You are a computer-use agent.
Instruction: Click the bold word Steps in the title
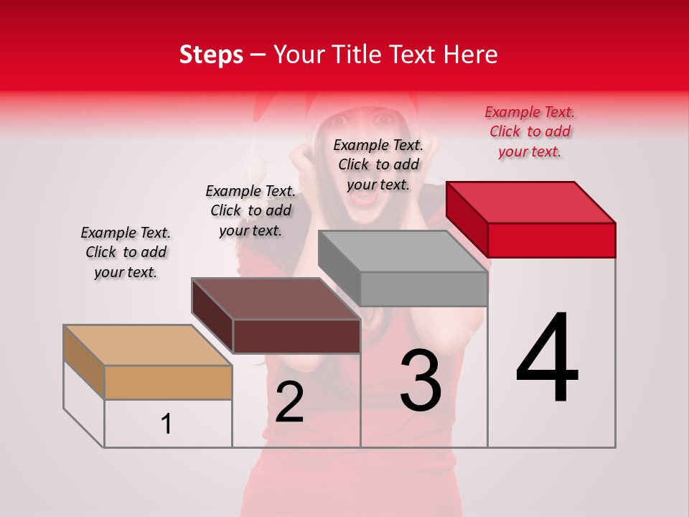(211, 55)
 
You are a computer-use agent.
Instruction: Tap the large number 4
(547, 359)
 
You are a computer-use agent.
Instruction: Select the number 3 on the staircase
(421, 382)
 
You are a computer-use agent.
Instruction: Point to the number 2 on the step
(290, 403)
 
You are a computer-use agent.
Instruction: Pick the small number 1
(167, 424)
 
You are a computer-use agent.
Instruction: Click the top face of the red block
(531, 202)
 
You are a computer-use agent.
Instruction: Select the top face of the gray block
(403, 251)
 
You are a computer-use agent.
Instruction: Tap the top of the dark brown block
(276, 299)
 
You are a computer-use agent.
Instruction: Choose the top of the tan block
(148, 345)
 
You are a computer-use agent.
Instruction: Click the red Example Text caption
(530, 131)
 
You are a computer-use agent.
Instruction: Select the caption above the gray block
(378, 164)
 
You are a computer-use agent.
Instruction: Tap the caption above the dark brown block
(250, 210)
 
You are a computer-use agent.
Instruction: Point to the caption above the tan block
(126, 252)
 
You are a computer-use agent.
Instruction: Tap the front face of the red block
(551, 240)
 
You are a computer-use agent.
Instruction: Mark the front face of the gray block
(423, 289)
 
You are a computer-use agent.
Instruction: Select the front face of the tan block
(168, 383)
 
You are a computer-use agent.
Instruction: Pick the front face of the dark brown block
(296, 336)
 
